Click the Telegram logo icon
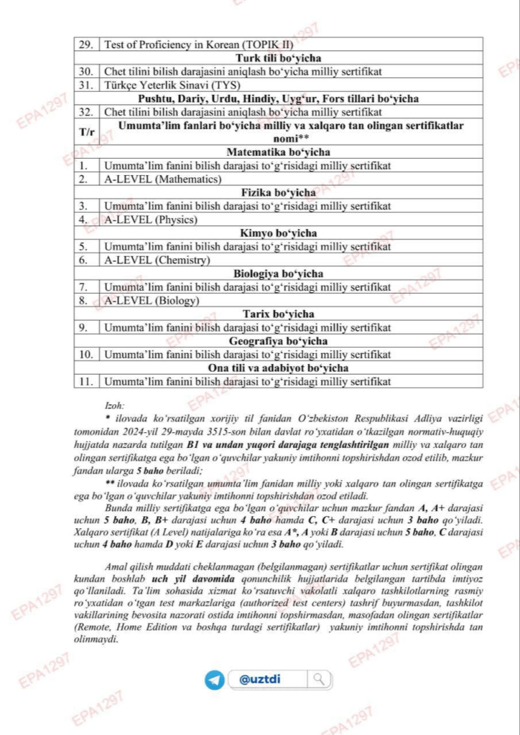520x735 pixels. (x=215, y=679)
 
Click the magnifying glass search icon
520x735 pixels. (x=319, y=679)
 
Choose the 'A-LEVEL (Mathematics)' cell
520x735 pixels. (x=163, y=179)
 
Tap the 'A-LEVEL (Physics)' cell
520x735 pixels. (x=151, y=220)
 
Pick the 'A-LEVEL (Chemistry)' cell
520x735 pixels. (x=157, y=260)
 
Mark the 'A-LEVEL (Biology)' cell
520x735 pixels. (x=152, y=301)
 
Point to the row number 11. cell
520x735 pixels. (x=85, y=382)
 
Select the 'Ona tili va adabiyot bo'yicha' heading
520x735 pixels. (x=278, y=368)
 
